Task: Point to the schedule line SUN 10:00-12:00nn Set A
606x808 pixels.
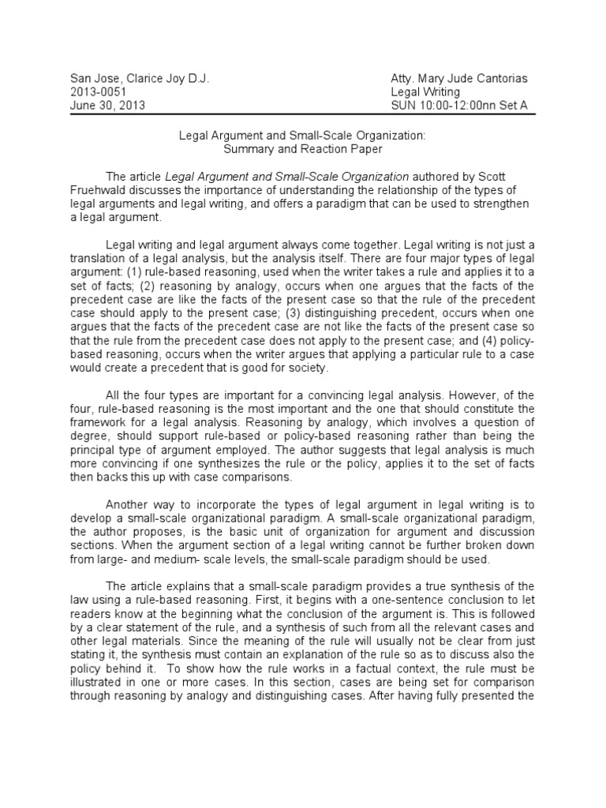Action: tap(459, 106)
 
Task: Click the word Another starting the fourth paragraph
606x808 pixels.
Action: tap(129, 506)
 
